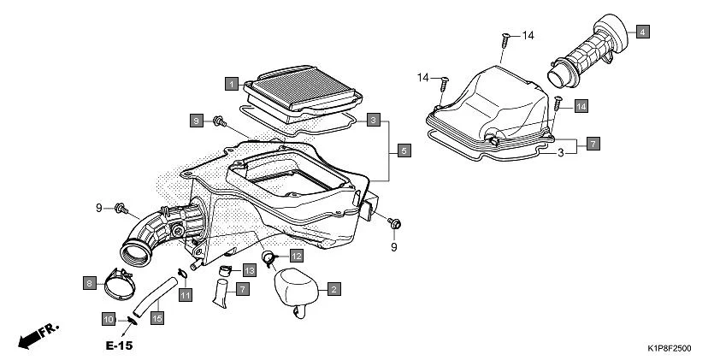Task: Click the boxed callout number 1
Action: pyautogui.click(x=231, y=84)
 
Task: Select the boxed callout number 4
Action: pyautogui.click(x=641, y=32)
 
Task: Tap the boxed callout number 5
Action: pyautogui.click(x=404, y=150)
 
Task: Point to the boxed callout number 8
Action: pyautogui.click(x=88, y=282)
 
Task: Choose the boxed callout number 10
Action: pyautogui.click(x=109, y=319)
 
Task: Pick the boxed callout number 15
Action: pyautogui.click(x=156, y=318)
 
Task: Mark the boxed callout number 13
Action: pyautogui.click(x=249, y=269)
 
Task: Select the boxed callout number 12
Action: pyautogui.click(x=295, y=255)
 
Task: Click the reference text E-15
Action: pyautogui.click(x=120, y=346)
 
